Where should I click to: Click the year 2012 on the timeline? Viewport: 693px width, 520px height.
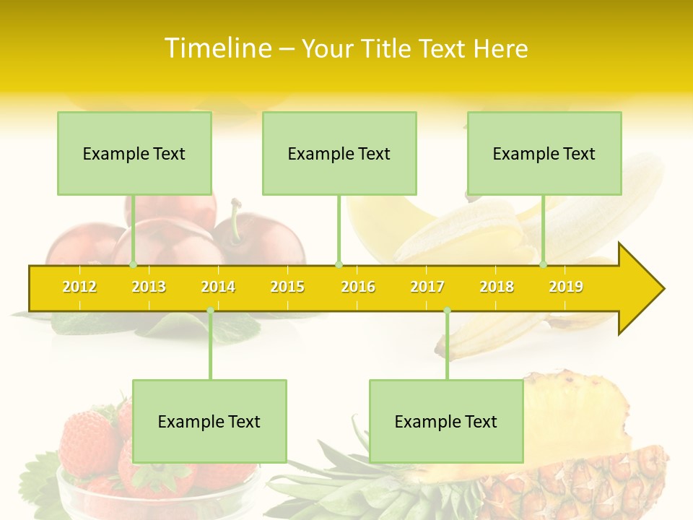[x=79, y=287]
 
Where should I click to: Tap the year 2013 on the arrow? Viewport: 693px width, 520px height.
[x=149, y=287]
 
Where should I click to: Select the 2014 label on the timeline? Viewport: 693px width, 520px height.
[x=218, y=287]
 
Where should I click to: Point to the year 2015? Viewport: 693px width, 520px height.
[x=287, y=287]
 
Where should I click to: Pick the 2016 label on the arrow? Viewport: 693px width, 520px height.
[x=358, y=287]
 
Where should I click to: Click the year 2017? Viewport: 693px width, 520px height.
[x=427, y=287]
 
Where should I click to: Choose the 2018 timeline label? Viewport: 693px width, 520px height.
[x=497, y=287]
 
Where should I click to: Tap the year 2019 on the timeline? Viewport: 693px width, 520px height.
[x=566, y=287]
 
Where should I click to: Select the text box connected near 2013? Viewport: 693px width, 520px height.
[x=134, y=153]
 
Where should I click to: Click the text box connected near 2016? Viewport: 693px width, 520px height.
[x=339, y=153]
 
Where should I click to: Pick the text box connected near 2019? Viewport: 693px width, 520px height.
[x=544, y=153]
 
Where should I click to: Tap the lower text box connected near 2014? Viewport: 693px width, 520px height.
[x=209, y=421]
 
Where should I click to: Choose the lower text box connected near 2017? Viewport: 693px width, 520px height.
[x=446, y=421]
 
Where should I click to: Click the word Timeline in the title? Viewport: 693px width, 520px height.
[x=217, y=48]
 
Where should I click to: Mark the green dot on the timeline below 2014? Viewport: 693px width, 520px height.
[x=210, y=311]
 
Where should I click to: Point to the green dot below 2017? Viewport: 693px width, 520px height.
[x=447, y=311]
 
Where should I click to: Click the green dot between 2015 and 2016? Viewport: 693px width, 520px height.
[x=339, y=264]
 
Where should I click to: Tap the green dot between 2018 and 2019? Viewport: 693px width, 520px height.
[x=544, y=264]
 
